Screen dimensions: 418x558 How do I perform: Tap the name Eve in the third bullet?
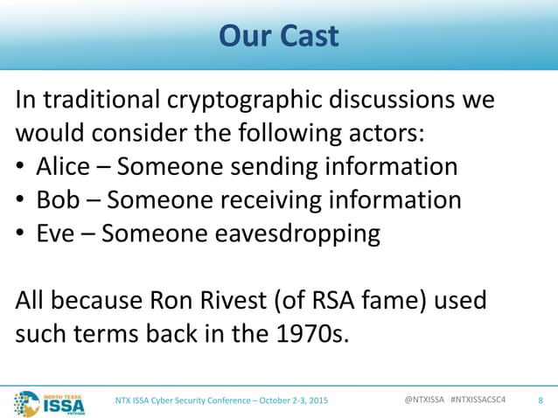[x=59, y=234]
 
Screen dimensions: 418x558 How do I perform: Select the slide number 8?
[x=541, y=401]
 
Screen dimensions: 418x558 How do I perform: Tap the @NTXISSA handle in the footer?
[x=424, y=400]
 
